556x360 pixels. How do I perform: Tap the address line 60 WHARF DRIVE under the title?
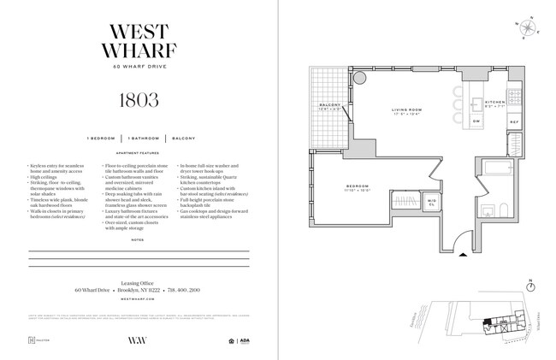138,68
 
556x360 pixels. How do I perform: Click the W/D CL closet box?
432,202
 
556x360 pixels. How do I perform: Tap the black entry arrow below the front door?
462,252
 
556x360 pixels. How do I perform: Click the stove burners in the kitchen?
514,96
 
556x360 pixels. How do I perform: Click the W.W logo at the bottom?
138,342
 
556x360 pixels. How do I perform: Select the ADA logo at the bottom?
245,341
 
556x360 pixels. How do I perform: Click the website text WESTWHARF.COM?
138,299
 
